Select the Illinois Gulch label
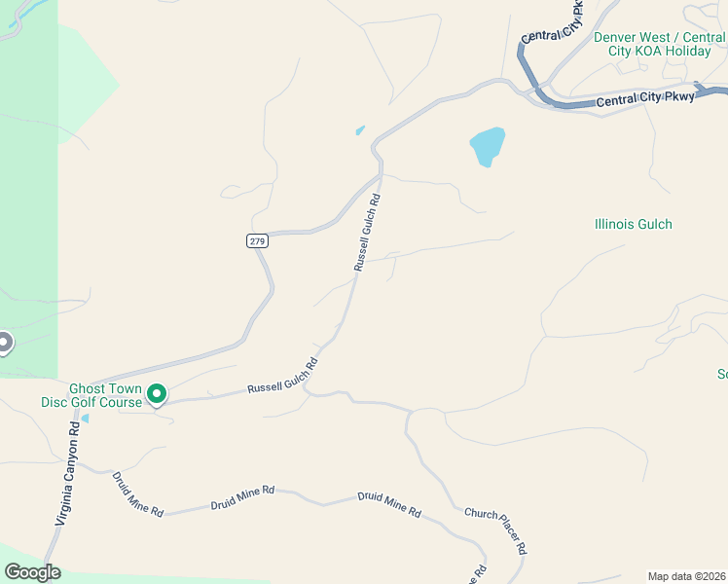633,224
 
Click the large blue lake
488,146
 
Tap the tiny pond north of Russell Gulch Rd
360,130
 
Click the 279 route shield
256,240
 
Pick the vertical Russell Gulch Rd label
367,232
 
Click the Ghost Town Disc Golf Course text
91,395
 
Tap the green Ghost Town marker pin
156,394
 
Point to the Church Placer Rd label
495,530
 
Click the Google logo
32,572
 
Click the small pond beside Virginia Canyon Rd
85,420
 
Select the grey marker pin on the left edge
4,343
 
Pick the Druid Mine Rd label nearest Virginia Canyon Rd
137,494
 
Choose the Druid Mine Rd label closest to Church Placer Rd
389,503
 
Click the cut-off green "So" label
722,374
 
